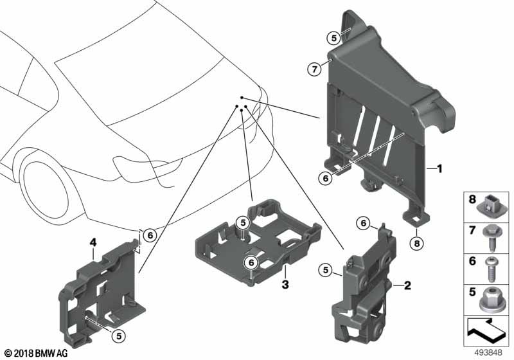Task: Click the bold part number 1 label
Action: coord(439,169)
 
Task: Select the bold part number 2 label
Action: coord(407,285)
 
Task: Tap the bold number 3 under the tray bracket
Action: coord(285,284)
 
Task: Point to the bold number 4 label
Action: coord(93,242)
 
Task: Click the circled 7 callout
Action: coord(314,69)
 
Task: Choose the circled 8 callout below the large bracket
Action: coord(416,243)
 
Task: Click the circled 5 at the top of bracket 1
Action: coord(333,38)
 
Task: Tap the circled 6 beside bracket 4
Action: coord(150,235)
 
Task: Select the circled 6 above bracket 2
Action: coord(363,223)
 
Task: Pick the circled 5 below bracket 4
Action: coord(119,336)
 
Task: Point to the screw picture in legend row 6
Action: coord(490,269)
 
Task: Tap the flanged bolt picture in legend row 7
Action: coord(491,238)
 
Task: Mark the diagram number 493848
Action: coord(488,353)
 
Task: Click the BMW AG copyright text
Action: coord(37,353)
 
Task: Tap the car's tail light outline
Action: coord(148,164)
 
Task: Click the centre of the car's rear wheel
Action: coord(46,190)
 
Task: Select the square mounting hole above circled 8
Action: coord(416,218)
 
